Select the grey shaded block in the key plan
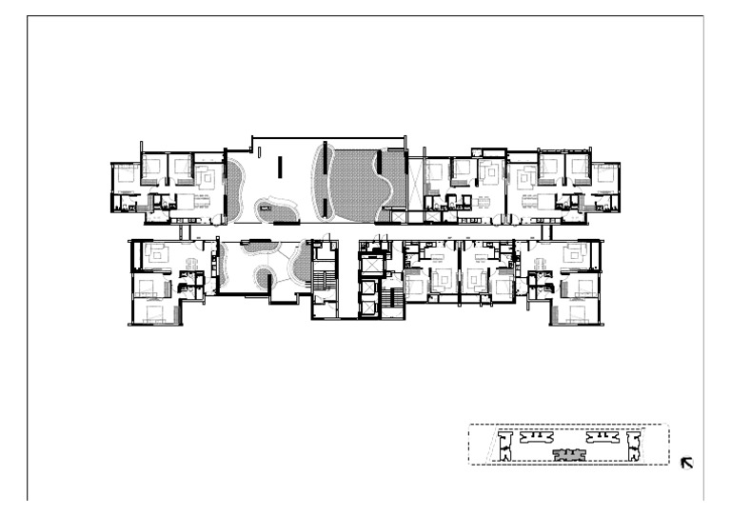(569, 454)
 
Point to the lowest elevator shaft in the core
(366, 310)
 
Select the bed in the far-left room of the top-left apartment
(125, 177)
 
